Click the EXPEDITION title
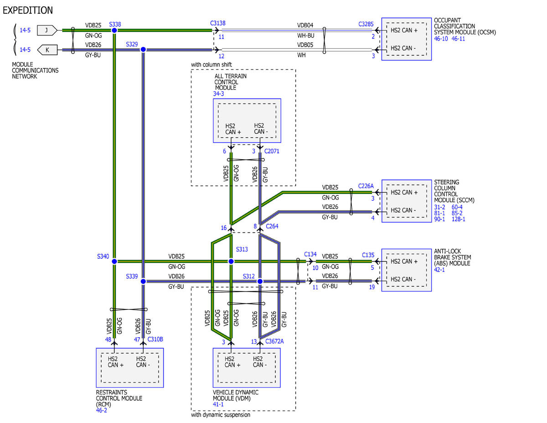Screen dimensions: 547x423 click(x=28, y=10)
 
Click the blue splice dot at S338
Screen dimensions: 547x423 click(x=114, y=31)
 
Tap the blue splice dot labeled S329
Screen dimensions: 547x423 click(x=143, y=50)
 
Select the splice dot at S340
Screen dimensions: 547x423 click(x=114, y=261)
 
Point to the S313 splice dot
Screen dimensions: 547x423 click(x=231, y=261)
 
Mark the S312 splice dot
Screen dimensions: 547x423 click(x=260, y=281)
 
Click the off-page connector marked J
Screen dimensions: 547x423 click(x=47, y=30)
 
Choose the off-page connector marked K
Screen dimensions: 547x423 click(x=47, y=50)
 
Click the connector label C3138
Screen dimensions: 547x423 click(x=218, y=23)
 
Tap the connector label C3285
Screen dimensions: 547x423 click(x=366, y=24)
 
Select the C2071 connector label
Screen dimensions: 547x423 click(x=272, y=151)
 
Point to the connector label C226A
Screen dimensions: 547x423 click(x=366, y=186)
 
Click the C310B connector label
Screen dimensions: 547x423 click(x=155, y=339)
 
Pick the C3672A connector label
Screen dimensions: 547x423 click(x=274, y=341)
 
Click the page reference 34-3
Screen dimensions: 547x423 click(x=218, y=94)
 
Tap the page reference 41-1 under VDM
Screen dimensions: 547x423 click(x=218, y=404)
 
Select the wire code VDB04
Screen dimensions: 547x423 click(x=305, y=26)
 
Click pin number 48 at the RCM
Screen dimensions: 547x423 click(x=108, y=339)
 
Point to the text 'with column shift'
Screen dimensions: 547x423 click(x=212, y=65)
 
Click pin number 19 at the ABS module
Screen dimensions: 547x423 click(x=372, y=287)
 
